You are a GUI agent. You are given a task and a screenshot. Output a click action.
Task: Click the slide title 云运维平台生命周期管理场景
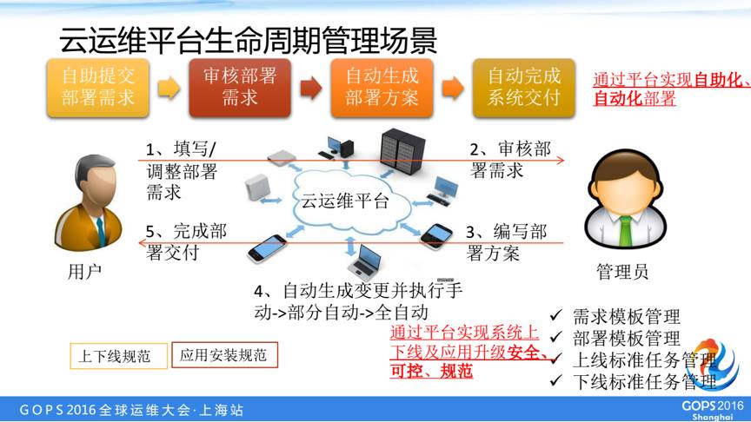tap(248, 38)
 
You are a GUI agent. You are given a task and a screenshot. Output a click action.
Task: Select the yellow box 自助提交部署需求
tap(97, 86)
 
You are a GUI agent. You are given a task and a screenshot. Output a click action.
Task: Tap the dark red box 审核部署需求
tap(239, 86)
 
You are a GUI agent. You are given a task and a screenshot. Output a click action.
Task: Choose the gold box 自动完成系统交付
tap(523, 86)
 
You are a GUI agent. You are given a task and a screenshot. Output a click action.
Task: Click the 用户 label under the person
tap(84, 272)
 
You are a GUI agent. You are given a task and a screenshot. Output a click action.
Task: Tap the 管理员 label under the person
tap(622, 272)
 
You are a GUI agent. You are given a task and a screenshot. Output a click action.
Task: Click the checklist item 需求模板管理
tap(626, 317)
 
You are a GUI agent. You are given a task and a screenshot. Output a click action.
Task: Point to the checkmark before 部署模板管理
tap(557, 338)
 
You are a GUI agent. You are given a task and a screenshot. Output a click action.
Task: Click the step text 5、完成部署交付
tap(186, 242)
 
